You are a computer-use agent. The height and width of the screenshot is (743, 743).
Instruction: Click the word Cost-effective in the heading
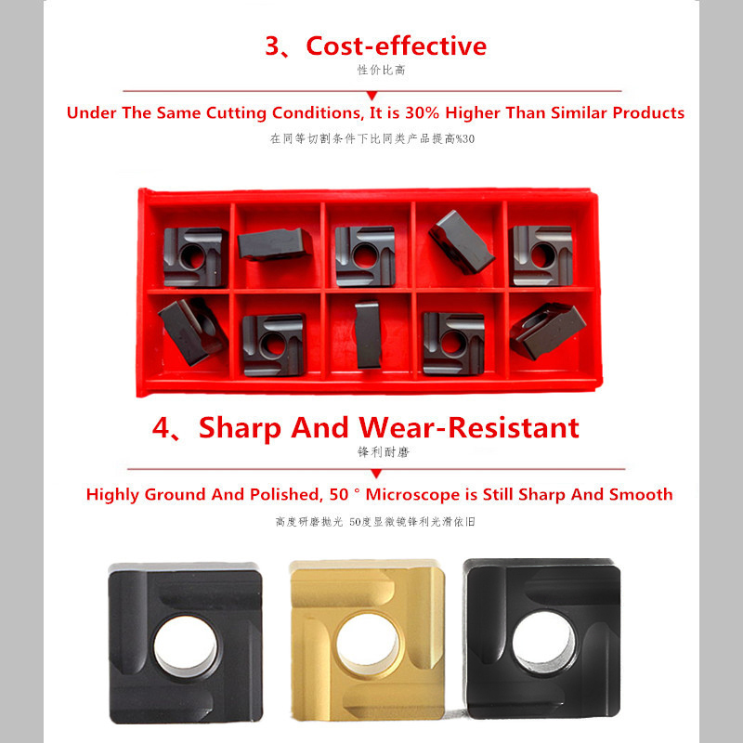[x=396, y=46]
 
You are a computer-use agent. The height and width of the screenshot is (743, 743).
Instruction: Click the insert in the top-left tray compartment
[x=195, y=255]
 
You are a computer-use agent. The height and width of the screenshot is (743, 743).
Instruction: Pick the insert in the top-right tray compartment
[x=541, y=255]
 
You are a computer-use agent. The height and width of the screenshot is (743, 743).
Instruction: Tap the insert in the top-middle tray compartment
[x=365, y=255]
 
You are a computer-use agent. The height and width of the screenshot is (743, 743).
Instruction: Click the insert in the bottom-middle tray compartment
[x=367, y=332]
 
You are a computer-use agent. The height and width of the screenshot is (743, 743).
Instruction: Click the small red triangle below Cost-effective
[x=372, y=95]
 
